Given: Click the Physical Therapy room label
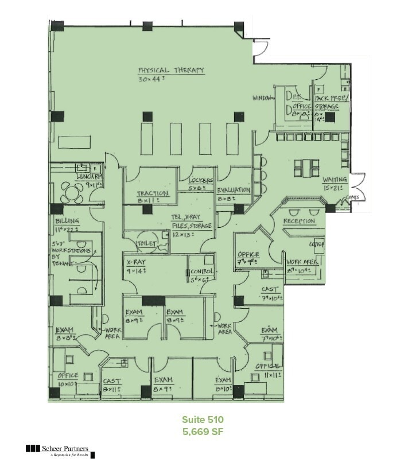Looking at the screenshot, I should (171, 71).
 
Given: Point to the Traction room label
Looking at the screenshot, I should (153, 194).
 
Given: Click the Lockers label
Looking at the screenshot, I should (200, 181).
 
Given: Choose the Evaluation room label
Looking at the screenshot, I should (234, 190).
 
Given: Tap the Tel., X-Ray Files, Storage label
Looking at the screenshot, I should (192, 222).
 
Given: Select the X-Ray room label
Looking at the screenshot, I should (136, 262).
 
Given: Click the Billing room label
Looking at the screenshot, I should (67, 221).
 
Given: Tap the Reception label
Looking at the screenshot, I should (299, 221).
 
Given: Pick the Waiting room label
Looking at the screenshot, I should (335, 180).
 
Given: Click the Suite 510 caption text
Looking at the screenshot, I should (202, 419).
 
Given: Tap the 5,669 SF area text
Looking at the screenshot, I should (202, 432).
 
